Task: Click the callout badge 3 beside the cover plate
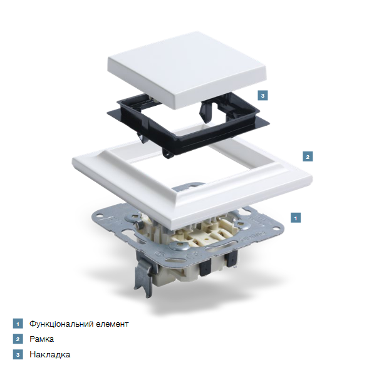[262, 95]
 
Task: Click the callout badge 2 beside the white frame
[308, 156]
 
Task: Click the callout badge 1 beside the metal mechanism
[296, 218]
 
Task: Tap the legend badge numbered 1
[18, 324]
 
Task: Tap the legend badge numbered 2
[18, 339]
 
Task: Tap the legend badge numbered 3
[18, 354]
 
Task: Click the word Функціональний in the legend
[61, 324]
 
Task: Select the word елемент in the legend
[112, 324]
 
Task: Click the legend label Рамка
[41, 339]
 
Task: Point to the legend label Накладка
[50, 354]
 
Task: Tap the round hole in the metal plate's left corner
[100, 216]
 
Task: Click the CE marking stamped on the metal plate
[191, 257]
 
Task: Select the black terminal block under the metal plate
[205, 269]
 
